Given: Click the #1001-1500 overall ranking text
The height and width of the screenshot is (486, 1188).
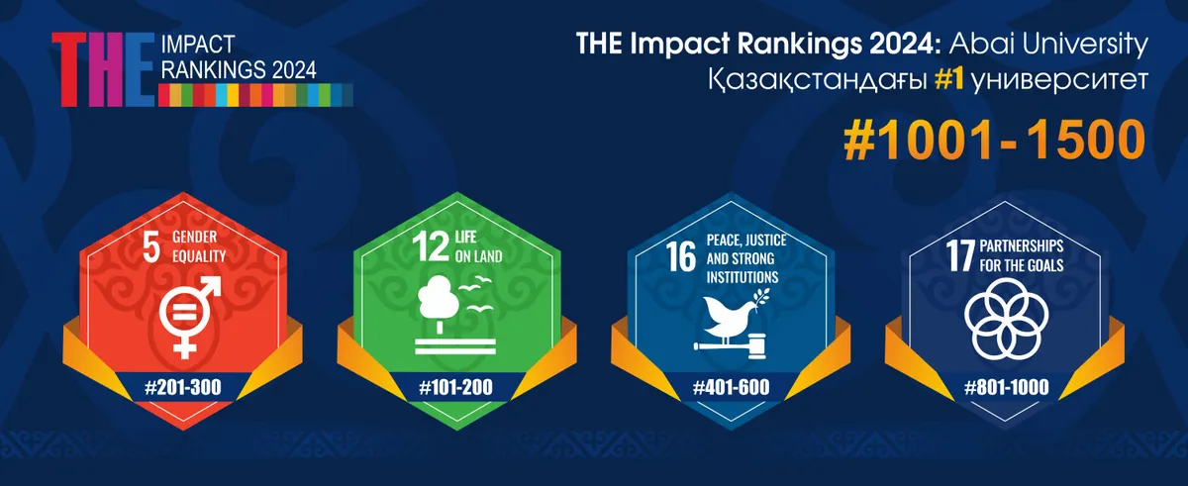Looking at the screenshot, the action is point(995,140).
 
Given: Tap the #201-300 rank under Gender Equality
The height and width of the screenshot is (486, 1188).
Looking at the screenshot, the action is point(183,387).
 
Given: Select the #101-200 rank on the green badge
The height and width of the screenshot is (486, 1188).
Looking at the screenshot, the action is point(456,387).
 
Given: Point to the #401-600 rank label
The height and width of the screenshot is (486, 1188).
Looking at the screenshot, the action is point(732,387).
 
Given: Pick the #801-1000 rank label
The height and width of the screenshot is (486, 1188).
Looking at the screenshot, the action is point(1007,387).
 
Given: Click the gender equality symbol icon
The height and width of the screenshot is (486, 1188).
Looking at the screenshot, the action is point(189,316).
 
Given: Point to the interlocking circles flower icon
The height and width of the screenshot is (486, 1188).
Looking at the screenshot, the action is point(1006,318).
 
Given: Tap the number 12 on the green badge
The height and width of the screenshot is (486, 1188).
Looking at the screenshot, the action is point(431,247).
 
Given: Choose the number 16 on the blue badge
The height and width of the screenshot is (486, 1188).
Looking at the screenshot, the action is point(681,256).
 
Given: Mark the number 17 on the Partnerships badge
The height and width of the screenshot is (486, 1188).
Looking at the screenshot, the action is point(960,256).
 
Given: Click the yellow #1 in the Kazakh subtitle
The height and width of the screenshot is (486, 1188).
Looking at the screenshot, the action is point(948,80).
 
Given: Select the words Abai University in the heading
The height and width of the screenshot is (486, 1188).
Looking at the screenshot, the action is point(1048,45).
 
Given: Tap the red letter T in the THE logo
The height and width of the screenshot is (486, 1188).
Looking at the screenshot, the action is point(70,69).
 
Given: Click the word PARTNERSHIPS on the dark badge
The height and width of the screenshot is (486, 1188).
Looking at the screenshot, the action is point(1022,245).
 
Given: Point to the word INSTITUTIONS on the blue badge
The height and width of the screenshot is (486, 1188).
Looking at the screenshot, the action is point(742,277).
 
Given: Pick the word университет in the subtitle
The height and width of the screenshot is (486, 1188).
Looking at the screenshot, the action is point(1059,81).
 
